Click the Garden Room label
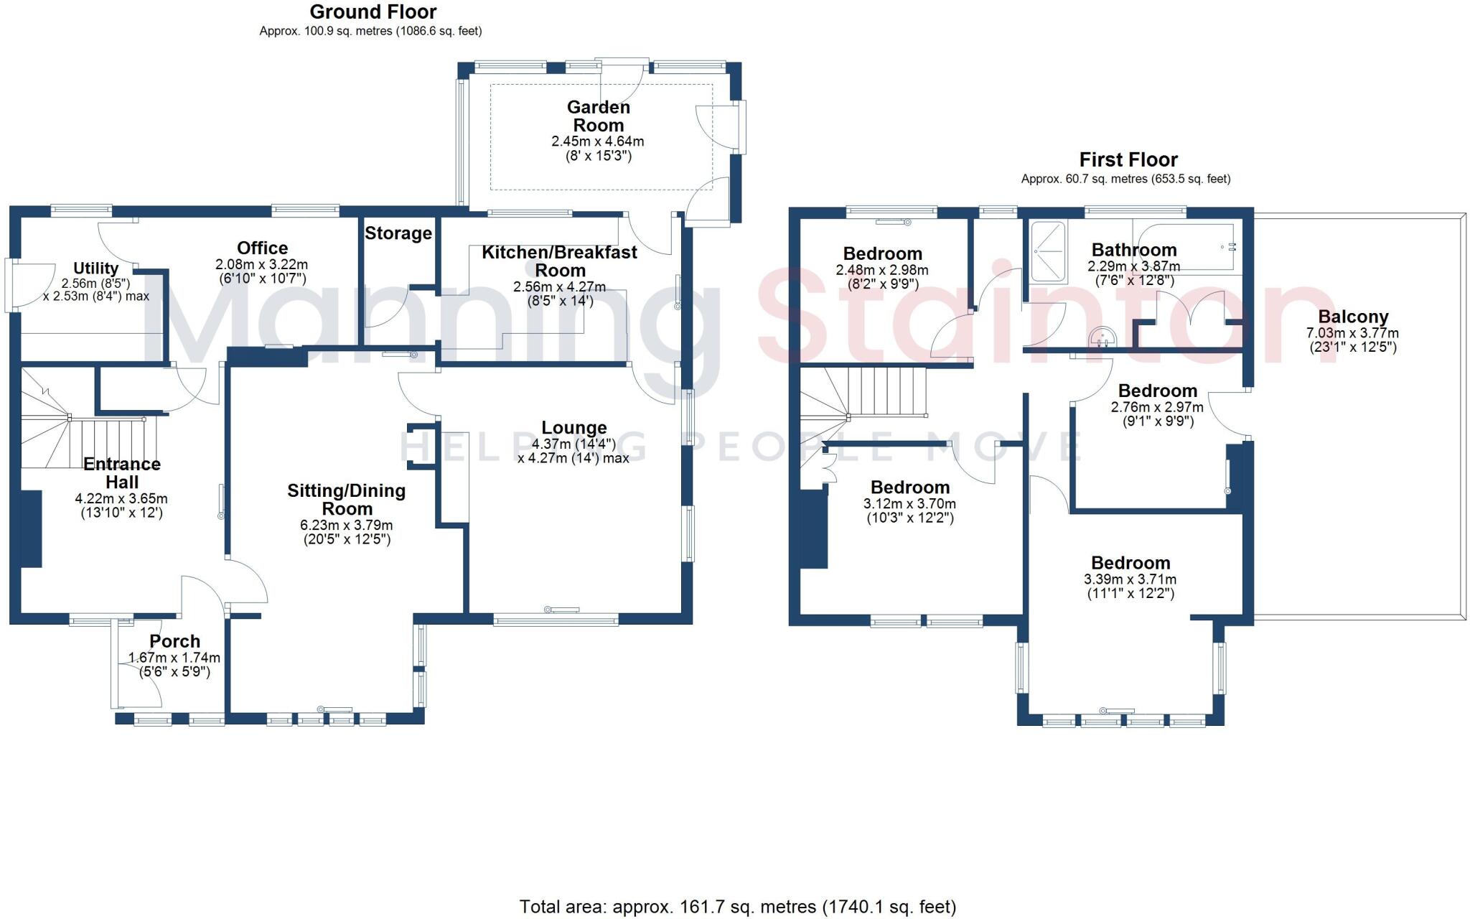click(598, 116)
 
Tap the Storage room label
click(398, 233)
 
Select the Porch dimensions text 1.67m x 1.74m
click(174, 658)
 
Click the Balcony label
click(1353, 317)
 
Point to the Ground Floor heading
click(373, 12)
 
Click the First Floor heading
click(1128, 159)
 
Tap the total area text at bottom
click(737, 907)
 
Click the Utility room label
click(95, 268)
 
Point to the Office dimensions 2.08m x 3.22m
click(262, 265)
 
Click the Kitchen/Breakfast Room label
click(559, 261)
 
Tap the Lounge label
click(574, 428)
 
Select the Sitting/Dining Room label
click(347, 500)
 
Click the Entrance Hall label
click(122, 473)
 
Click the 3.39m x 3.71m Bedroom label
click(1130, 563)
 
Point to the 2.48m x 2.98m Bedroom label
click(882, 253)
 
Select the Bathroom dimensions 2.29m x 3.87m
click(1133, 266)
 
